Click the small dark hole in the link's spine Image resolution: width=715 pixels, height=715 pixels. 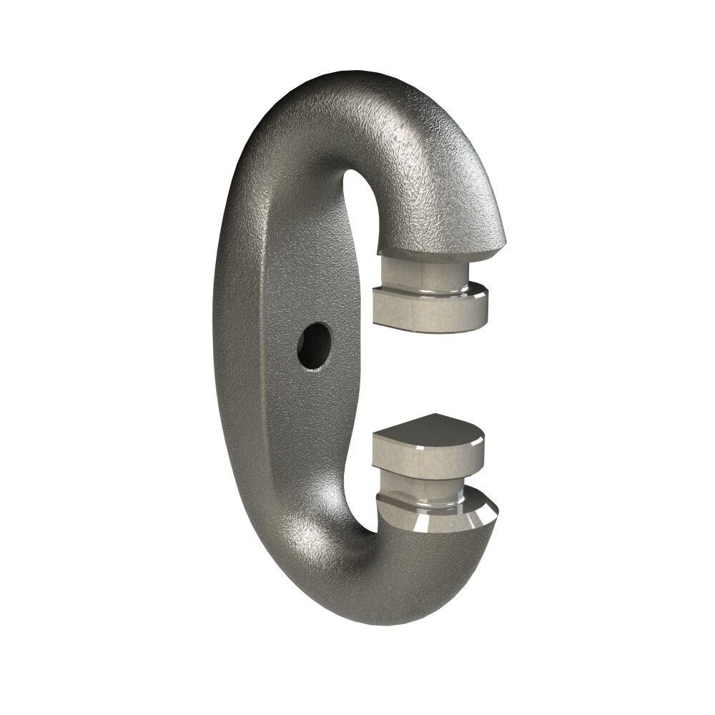point(315,345)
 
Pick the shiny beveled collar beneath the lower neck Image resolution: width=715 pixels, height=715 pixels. point(436,516)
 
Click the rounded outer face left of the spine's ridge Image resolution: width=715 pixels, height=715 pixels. point(236,343)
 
